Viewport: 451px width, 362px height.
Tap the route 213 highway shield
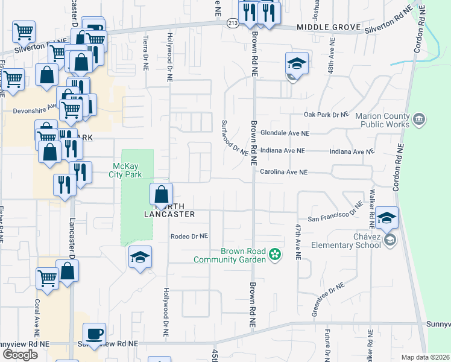click(233, 22)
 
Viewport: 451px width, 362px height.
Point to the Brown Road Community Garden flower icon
click(275, 255)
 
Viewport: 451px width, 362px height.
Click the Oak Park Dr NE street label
click(326, 114)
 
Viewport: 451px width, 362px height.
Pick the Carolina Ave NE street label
click(283, 172)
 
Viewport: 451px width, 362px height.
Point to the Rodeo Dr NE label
click(189, 236)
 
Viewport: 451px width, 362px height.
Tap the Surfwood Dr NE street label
click(235, 137)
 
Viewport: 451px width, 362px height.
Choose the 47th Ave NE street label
click(298, 241)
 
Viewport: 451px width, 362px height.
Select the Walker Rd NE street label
click(372, 205)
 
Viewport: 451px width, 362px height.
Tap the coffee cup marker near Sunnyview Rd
click(94, 333)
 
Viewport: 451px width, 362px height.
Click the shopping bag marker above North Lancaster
click(161, 194)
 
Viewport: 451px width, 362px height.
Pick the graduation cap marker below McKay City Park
click(139, 258)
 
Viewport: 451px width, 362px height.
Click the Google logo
click(20, 355)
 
